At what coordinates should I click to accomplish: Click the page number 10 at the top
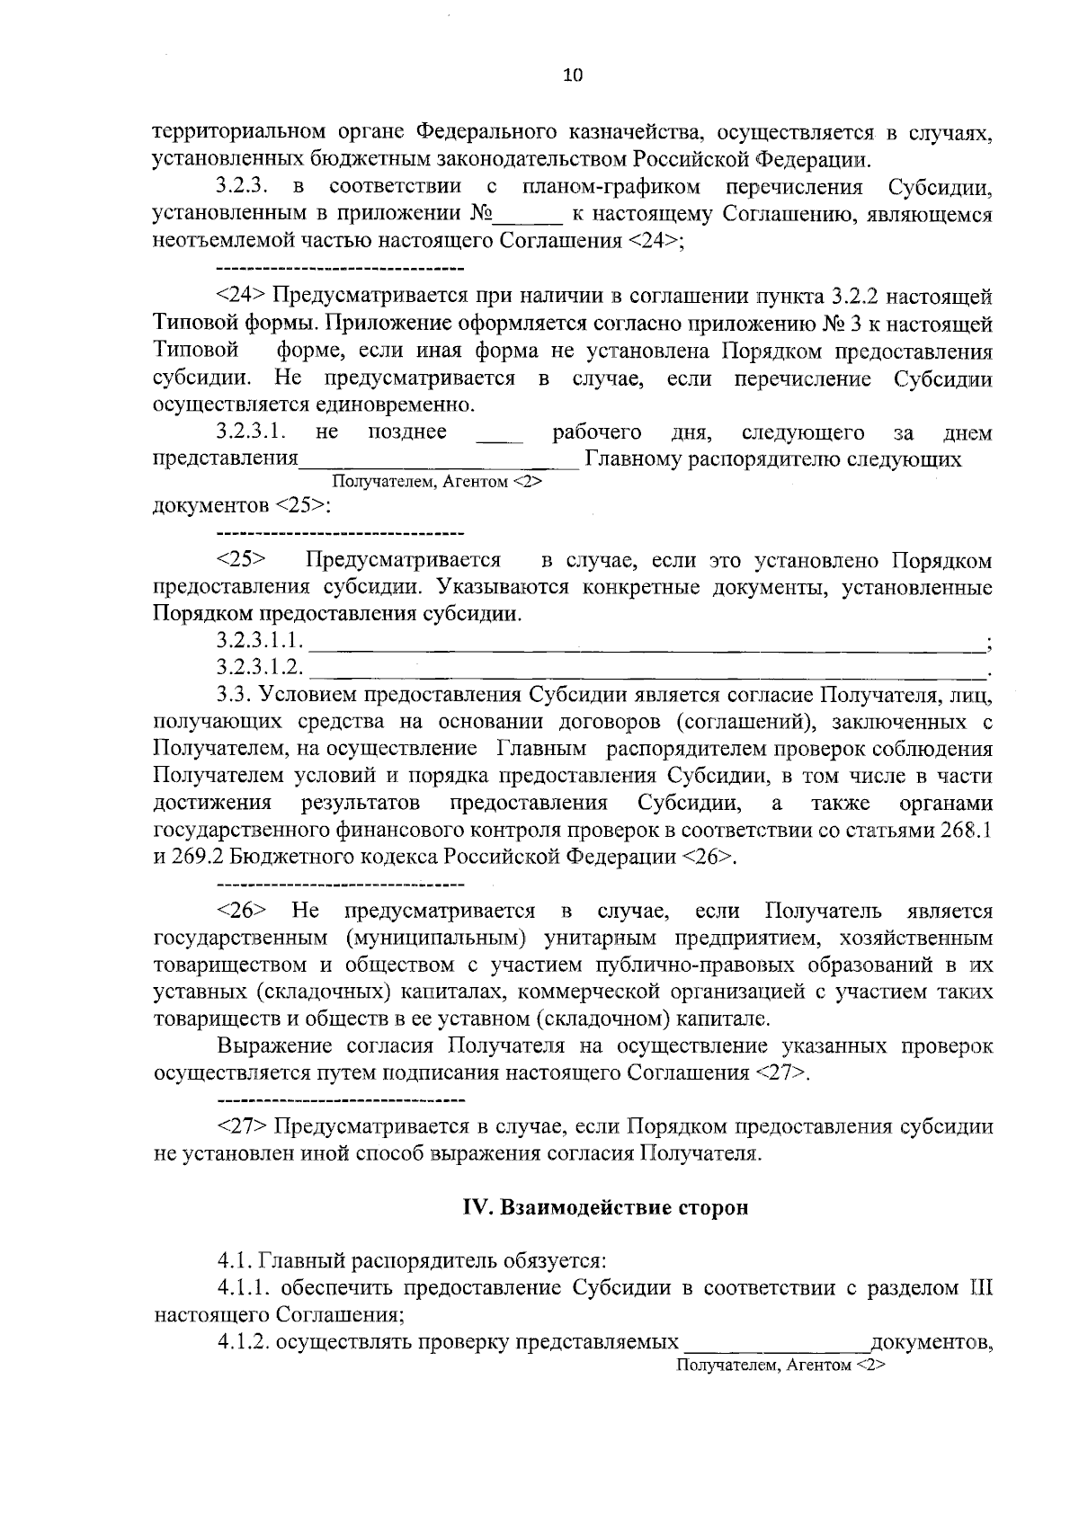click(x=573, y=76)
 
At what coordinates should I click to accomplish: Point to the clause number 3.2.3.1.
click(x=251, y=433)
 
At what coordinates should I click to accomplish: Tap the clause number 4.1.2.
click(x=242, y=1342)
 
